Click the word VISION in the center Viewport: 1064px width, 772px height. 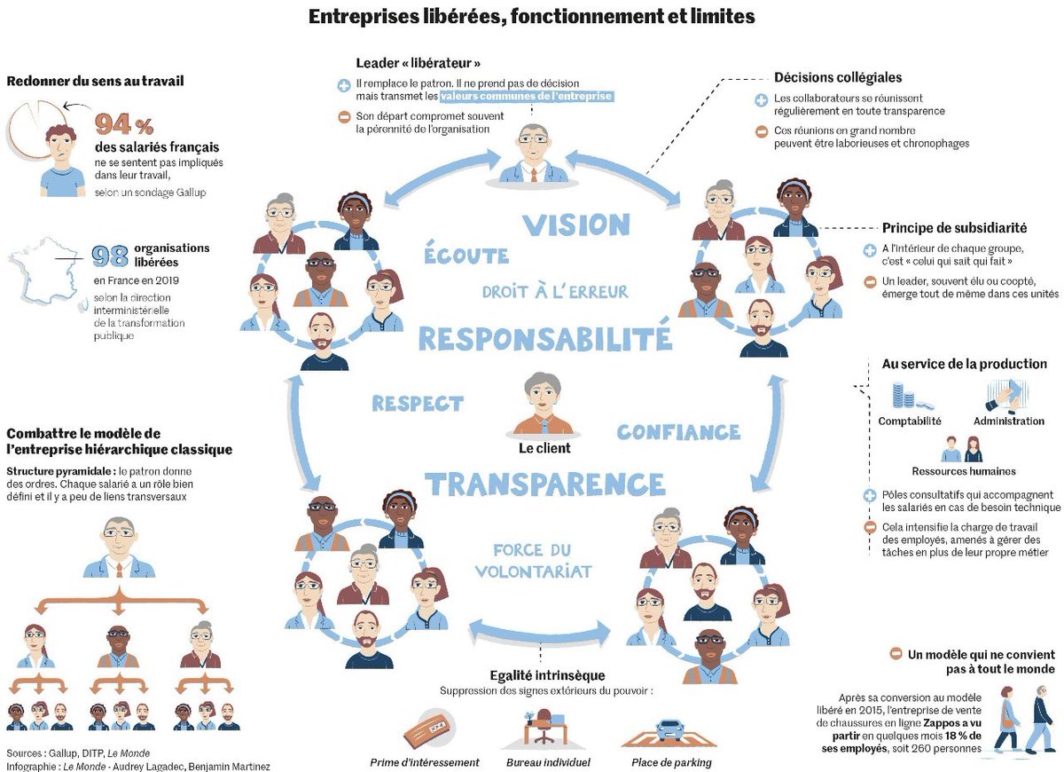575,225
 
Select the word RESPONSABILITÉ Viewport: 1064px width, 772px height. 544,338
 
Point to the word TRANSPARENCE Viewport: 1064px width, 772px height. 544,484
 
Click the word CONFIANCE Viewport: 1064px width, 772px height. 678,432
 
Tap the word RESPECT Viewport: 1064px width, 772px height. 418,404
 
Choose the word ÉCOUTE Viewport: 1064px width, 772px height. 466,256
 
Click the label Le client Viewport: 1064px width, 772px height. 544,448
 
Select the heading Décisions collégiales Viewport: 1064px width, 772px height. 838,78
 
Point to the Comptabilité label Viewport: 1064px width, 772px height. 910,421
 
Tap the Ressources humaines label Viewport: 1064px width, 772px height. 964,471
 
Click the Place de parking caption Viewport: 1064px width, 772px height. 671,762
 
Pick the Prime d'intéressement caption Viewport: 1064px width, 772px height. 425,762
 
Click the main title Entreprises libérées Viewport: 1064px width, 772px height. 531,16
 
